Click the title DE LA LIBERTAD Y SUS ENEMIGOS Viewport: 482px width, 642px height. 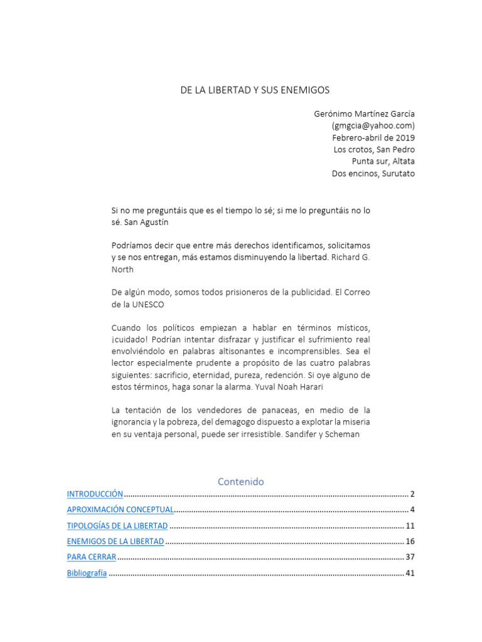tap(255, 90)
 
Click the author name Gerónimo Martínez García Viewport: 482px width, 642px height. tap(364, 114)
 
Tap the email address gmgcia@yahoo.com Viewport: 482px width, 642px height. tap(373, 126)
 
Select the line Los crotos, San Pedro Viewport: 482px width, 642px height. tap(374, 150)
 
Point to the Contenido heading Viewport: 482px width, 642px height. tap(241, 481)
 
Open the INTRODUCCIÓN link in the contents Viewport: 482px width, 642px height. tap(95, 494)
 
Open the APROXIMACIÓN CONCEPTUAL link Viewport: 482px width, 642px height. tap(120, 509)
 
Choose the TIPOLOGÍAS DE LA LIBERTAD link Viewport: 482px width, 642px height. tap(117, 525)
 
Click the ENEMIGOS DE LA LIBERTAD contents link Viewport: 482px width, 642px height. tap(115, 541)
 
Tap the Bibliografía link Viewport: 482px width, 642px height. tap(87, 573)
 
